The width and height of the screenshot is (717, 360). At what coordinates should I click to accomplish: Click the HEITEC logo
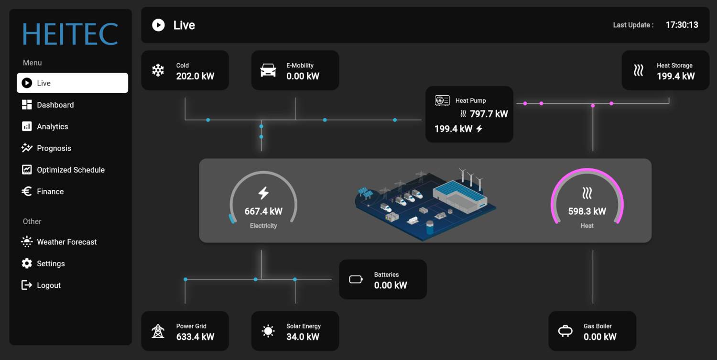coord(70,34)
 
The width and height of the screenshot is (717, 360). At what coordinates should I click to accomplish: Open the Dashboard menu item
coord(55,105)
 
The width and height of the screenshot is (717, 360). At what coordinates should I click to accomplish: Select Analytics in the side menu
coord(52,127)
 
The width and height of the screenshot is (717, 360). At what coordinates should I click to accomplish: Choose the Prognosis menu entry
coord(54,148)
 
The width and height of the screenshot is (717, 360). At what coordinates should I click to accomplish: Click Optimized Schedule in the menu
coord(70,170)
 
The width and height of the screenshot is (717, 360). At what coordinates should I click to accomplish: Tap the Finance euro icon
coord(27,191)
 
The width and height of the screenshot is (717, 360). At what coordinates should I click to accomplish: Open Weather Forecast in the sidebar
coord(66,242)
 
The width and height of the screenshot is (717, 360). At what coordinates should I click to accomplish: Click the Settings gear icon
coord(27,263)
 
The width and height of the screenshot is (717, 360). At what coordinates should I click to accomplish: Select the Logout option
coord(48,285)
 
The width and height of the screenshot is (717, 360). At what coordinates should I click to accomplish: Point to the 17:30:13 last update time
coord(682,25)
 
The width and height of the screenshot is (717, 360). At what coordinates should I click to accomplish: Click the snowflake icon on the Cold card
coord(158,70)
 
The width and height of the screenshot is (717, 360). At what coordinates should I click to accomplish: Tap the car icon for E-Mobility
coord(268,70)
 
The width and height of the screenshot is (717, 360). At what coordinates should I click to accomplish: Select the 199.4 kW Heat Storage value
coord(675,76)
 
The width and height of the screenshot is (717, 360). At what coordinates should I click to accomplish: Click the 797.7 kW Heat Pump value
coord(489,114)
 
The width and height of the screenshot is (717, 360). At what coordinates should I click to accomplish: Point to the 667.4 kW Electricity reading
coord(263,211)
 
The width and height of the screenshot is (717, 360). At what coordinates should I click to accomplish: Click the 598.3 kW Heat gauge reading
coord(587,211)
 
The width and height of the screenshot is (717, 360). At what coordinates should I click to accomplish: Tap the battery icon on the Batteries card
coord(356,280)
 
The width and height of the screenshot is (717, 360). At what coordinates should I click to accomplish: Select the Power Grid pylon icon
coord(158,331)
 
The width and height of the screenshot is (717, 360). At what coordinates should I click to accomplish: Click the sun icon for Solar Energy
coord(268,331)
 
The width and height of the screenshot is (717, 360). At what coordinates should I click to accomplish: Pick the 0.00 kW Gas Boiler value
coord(600,337)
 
